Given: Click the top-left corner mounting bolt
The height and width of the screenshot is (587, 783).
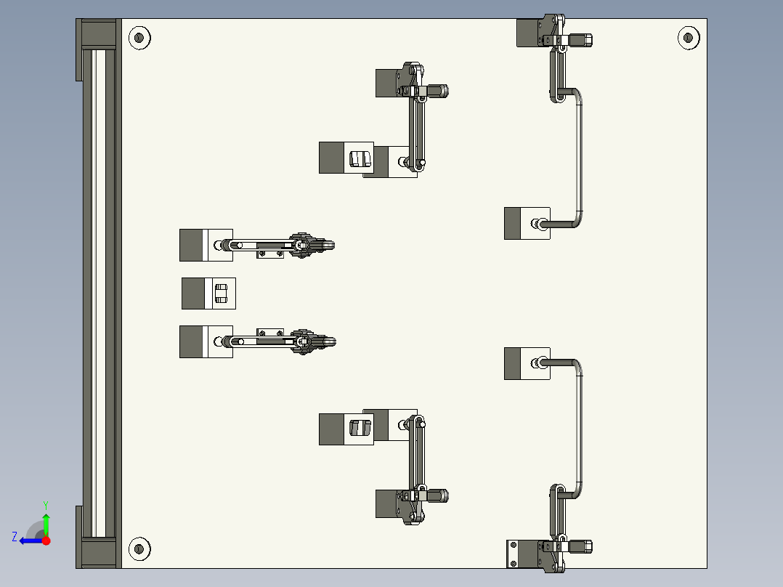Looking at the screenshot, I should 139,37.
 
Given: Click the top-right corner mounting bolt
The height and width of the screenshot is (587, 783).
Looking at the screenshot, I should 687,37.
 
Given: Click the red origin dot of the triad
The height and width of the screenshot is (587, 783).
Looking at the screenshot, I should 46,541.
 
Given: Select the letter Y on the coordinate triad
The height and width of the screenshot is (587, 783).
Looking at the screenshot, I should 46,504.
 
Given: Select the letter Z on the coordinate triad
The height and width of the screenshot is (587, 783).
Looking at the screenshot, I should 15,536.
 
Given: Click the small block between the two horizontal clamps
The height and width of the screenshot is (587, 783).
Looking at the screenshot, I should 208,293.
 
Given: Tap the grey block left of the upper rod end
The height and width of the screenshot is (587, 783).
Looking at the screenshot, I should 513,223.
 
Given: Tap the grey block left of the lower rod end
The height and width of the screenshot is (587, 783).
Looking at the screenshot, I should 513,363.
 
